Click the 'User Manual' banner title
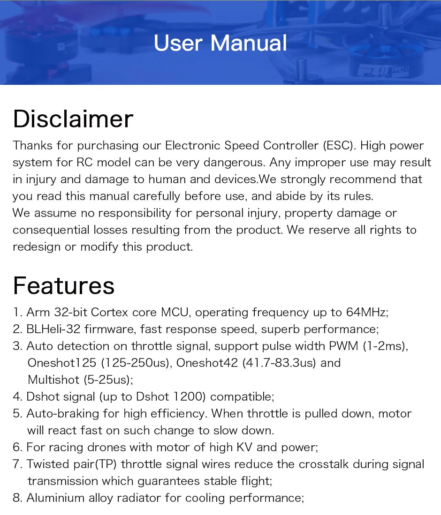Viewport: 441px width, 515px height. point(220,43)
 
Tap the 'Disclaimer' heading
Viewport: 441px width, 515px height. point(73,119)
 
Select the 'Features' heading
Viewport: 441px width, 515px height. point(64,285)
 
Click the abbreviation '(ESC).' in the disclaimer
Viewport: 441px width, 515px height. point(339,146)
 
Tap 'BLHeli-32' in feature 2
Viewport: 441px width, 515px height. point(53,329)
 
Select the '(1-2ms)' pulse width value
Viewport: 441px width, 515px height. point(385,346)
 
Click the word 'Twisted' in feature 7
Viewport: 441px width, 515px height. point(46,464)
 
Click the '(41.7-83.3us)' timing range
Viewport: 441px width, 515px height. point(279,363)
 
